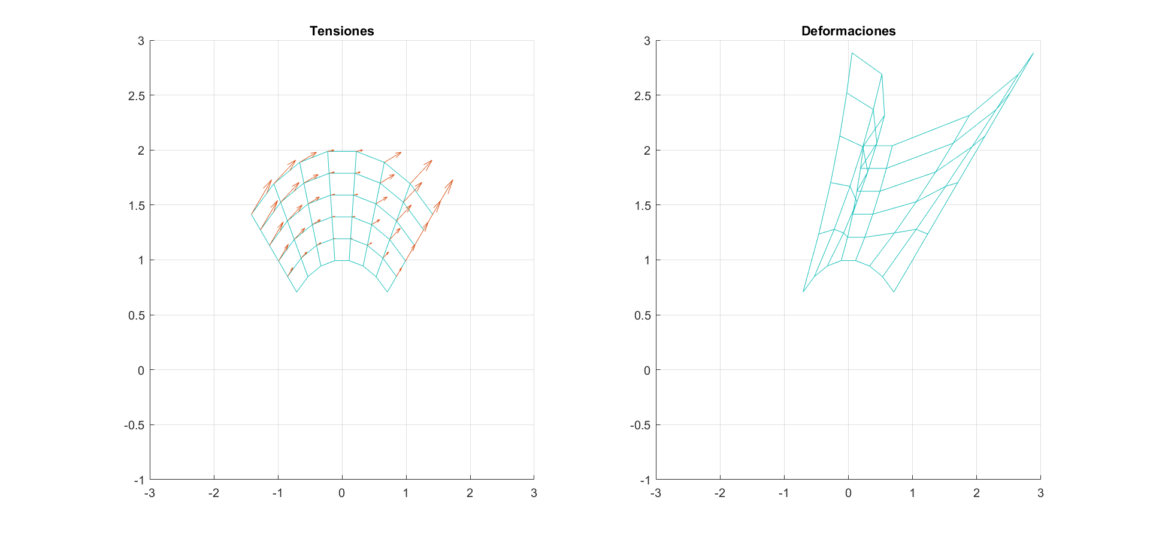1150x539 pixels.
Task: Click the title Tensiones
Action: pyautogui.click(x=341, y=31)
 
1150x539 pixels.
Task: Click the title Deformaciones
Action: pyautogui.click(x=848, y=31)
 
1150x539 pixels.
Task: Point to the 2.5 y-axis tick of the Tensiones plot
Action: pyautogui.click(x=137, y=96)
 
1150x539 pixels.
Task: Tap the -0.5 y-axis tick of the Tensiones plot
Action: pyautogui.click(x=134, y=425)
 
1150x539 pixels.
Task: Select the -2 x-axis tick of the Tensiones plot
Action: pyautogui.click(x=213, y=493)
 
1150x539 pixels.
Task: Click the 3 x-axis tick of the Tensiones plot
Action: pyautogui.click(x=534, y=493)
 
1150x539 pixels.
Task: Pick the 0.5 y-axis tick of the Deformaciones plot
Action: pyautogui.click(x=643, y=315)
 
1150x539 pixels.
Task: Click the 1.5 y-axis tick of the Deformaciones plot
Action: pyautogui.click(x=643, y=206)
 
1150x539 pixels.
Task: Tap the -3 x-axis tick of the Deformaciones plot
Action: pyautogui.click(x=656, y=493)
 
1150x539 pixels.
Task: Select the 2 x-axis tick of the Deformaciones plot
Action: pyautogui.click(x=976, y=493)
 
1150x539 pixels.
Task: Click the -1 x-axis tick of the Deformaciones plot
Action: pyautogui.click(x=783, y=493)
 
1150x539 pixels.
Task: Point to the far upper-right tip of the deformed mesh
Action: pyautogui.click(x=1033, y=53)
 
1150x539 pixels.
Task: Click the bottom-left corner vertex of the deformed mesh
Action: pyautogui.click(x=803, y=292)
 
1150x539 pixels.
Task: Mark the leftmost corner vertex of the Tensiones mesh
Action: pyautogui.click(x=252, y=214)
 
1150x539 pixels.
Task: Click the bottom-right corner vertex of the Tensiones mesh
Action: pyautogui.click(x=388, y=292)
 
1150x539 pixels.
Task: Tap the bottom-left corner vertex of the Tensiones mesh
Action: pyautogui.click(x=296, y=292)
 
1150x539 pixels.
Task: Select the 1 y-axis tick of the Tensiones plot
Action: pyautogui.click(x=141, y=260)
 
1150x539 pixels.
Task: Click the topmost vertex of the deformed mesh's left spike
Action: pyautogui.click(x=852, y=53)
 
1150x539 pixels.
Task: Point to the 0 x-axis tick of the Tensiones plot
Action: pyautogui.click(x=341, y=493)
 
